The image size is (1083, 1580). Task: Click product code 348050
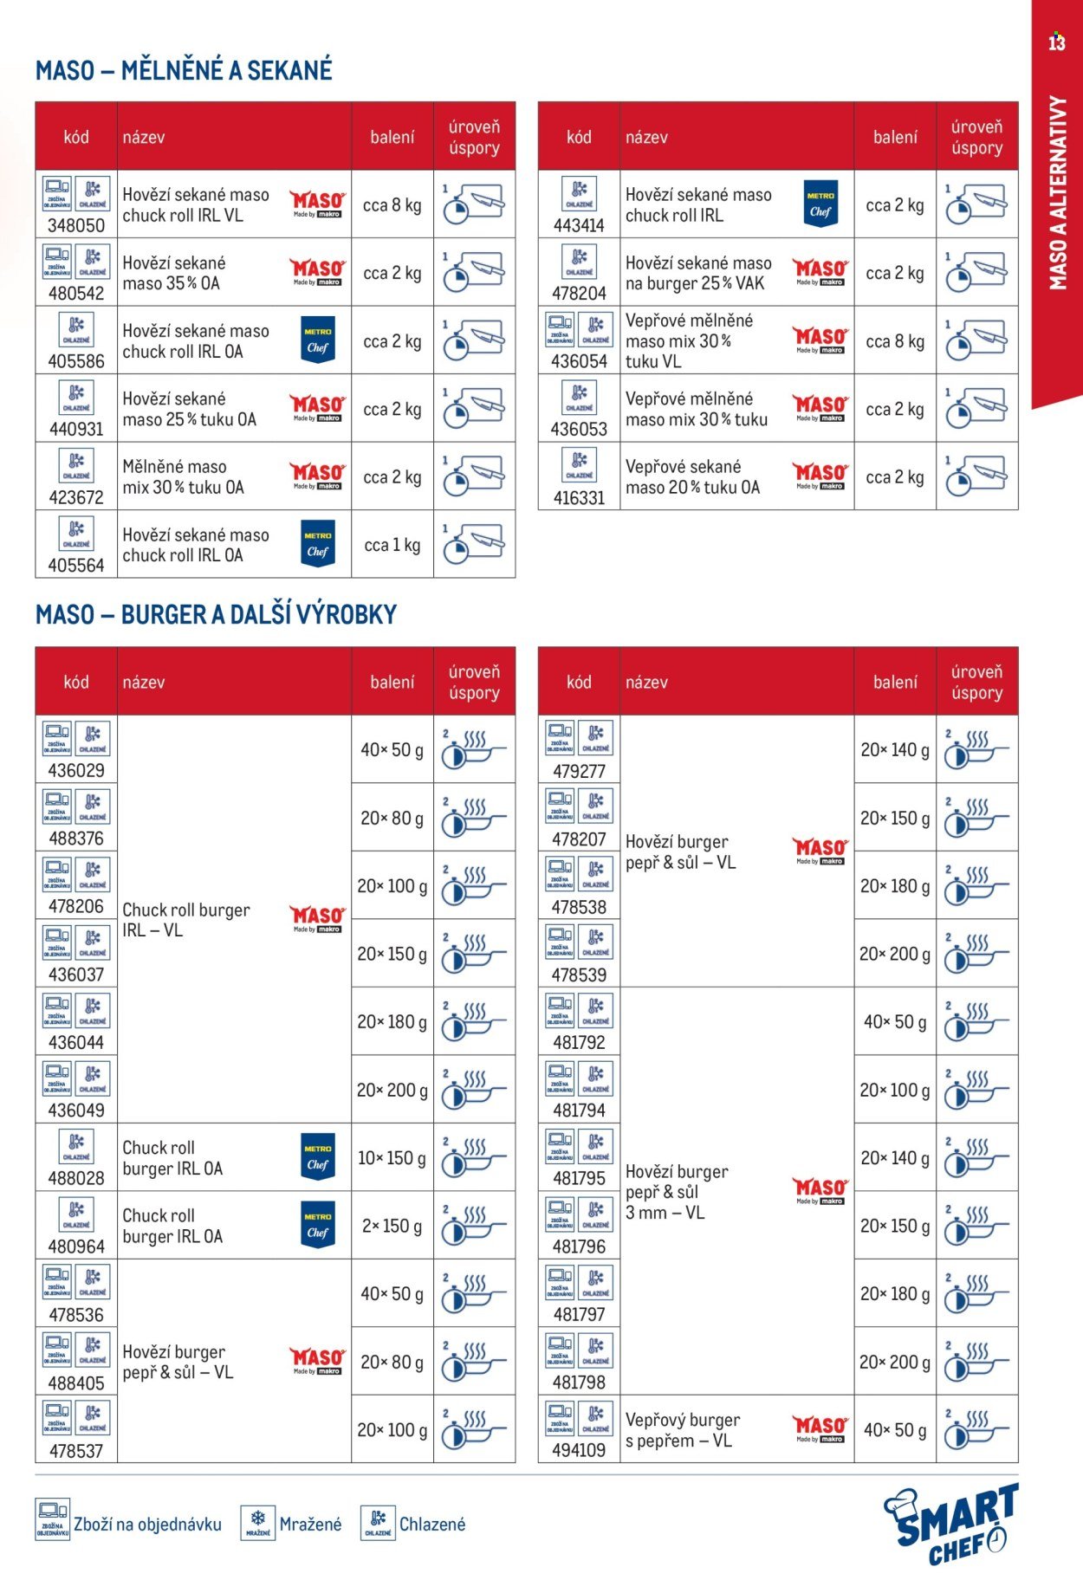[76, 225]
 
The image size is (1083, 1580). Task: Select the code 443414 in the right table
[579, 225]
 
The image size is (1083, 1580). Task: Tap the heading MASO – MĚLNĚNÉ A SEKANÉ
[184, 70]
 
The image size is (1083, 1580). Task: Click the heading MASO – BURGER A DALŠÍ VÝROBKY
[216, 614]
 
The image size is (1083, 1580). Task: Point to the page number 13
[1056, 42]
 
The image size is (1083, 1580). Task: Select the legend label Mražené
[310, 1525]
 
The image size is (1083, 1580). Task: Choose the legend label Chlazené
[431, 1525]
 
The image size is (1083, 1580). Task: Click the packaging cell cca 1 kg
[392, 545]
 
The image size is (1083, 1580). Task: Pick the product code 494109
[579, 1450]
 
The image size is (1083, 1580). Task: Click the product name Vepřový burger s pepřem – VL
[683, 1430]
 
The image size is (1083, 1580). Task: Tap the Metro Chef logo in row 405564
[318, 544]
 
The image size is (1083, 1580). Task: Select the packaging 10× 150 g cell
[392, 1158]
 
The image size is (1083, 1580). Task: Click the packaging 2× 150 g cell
[392, 1226]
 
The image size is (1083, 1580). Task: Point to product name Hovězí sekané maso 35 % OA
[173, 273]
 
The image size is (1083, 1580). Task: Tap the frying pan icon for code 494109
[976, 1430]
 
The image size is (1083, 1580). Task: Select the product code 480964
[76, 1247]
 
